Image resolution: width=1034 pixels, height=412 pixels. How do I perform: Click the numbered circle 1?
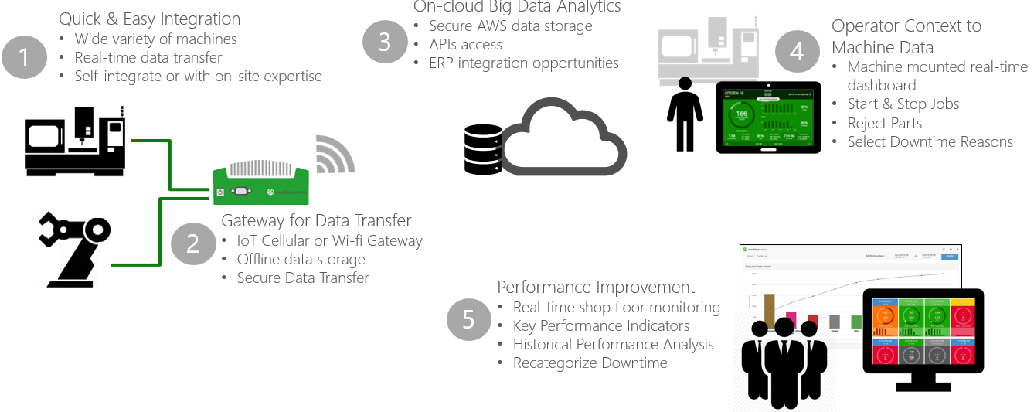click(25, 56)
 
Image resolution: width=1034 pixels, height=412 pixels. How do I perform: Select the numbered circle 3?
click(385, 41)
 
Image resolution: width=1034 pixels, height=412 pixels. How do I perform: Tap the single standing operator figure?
click(685, 113)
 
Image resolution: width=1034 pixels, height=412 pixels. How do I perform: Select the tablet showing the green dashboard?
click(767, 117)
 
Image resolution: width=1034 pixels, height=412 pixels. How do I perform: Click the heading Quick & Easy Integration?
click(150, 19)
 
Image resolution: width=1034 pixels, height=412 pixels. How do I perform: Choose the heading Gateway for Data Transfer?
click(316, 220)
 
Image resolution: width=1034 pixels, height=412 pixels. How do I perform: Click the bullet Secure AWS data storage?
click(511, 26)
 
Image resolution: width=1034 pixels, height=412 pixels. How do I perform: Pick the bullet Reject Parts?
click(884, 123)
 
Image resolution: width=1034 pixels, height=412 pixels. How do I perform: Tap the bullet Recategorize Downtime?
click(590, 363)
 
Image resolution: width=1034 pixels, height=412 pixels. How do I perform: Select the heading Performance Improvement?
click(596, 287)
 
